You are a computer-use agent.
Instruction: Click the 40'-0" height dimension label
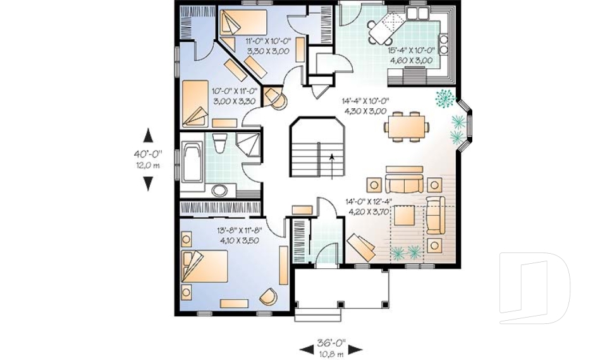(x=148, y=154)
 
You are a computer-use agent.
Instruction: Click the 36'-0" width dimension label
(x=331, y=343)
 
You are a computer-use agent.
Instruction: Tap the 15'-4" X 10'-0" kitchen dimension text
(x=412, y=50)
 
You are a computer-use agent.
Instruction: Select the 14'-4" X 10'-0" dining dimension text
(x=365, y=101)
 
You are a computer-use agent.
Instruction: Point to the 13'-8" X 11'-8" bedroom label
(x=240, y=230)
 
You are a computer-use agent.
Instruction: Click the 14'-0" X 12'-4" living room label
(x=369, y=201)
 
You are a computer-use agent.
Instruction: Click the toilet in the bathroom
(x=219, y=142)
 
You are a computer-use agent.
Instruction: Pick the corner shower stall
(x=248, y=144)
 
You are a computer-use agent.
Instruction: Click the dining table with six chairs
(x=407, y=127)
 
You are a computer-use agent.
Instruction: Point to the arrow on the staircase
(x=331, y=166)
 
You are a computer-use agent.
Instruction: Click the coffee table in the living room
(x=405, y=215)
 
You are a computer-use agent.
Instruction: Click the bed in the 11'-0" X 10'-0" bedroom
(x=243, y=23)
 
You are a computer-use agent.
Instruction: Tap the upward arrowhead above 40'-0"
(x=148, y=135)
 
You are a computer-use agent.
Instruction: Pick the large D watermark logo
(x=534, y=288)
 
